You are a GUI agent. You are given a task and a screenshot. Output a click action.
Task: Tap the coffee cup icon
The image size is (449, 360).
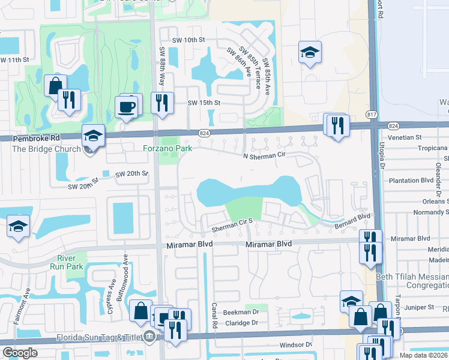(127, 106)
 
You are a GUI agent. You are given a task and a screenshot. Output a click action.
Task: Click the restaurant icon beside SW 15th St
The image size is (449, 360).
(161, 103)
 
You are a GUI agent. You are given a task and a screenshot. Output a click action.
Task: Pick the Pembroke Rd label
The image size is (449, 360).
(31, 138)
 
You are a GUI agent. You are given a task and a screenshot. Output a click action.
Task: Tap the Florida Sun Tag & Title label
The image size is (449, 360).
(99, 337)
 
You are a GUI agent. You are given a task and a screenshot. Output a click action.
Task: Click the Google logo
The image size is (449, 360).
(20, 353)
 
